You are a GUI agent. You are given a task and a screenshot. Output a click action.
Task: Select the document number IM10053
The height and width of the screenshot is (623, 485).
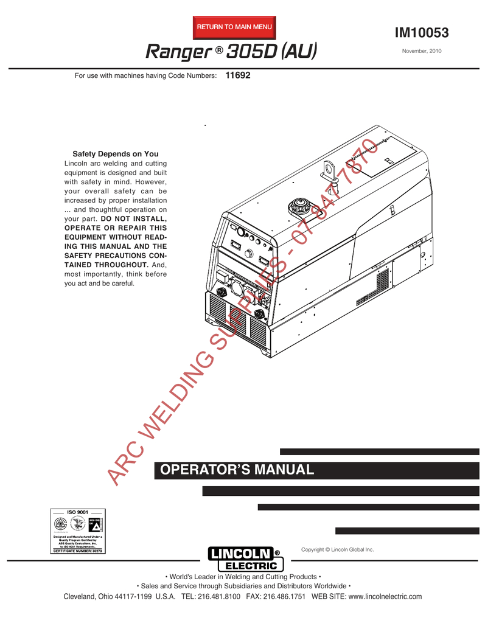(422, 33)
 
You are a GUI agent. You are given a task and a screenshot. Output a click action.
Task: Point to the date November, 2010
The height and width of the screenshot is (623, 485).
(422, 51)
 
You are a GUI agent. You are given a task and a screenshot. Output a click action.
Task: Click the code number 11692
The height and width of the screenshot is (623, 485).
(238, 76)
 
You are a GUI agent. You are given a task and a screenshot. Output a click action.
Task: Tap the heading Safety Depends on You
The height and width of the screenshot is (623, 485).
(116, 154)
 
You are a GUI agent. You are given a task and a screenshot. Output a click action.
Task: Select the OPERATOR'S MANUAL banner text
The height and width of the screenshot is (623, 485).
(236, 470)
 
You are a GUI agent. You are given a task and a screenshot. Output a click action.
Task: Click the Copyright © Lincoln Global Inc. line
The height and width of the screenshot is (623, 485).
(337, 549)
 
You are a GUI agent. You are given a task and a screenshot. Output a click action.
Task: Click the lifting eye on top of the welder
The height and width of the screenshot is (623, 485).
(329, 167)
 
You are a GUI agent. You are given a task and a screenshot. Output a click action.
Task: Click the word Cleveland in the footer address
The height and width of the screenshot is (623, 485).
(81, 597)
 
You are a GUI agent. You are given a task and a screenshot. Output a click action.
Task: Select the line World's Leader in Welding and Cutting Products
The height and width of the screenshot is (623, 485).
(243, 576)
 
